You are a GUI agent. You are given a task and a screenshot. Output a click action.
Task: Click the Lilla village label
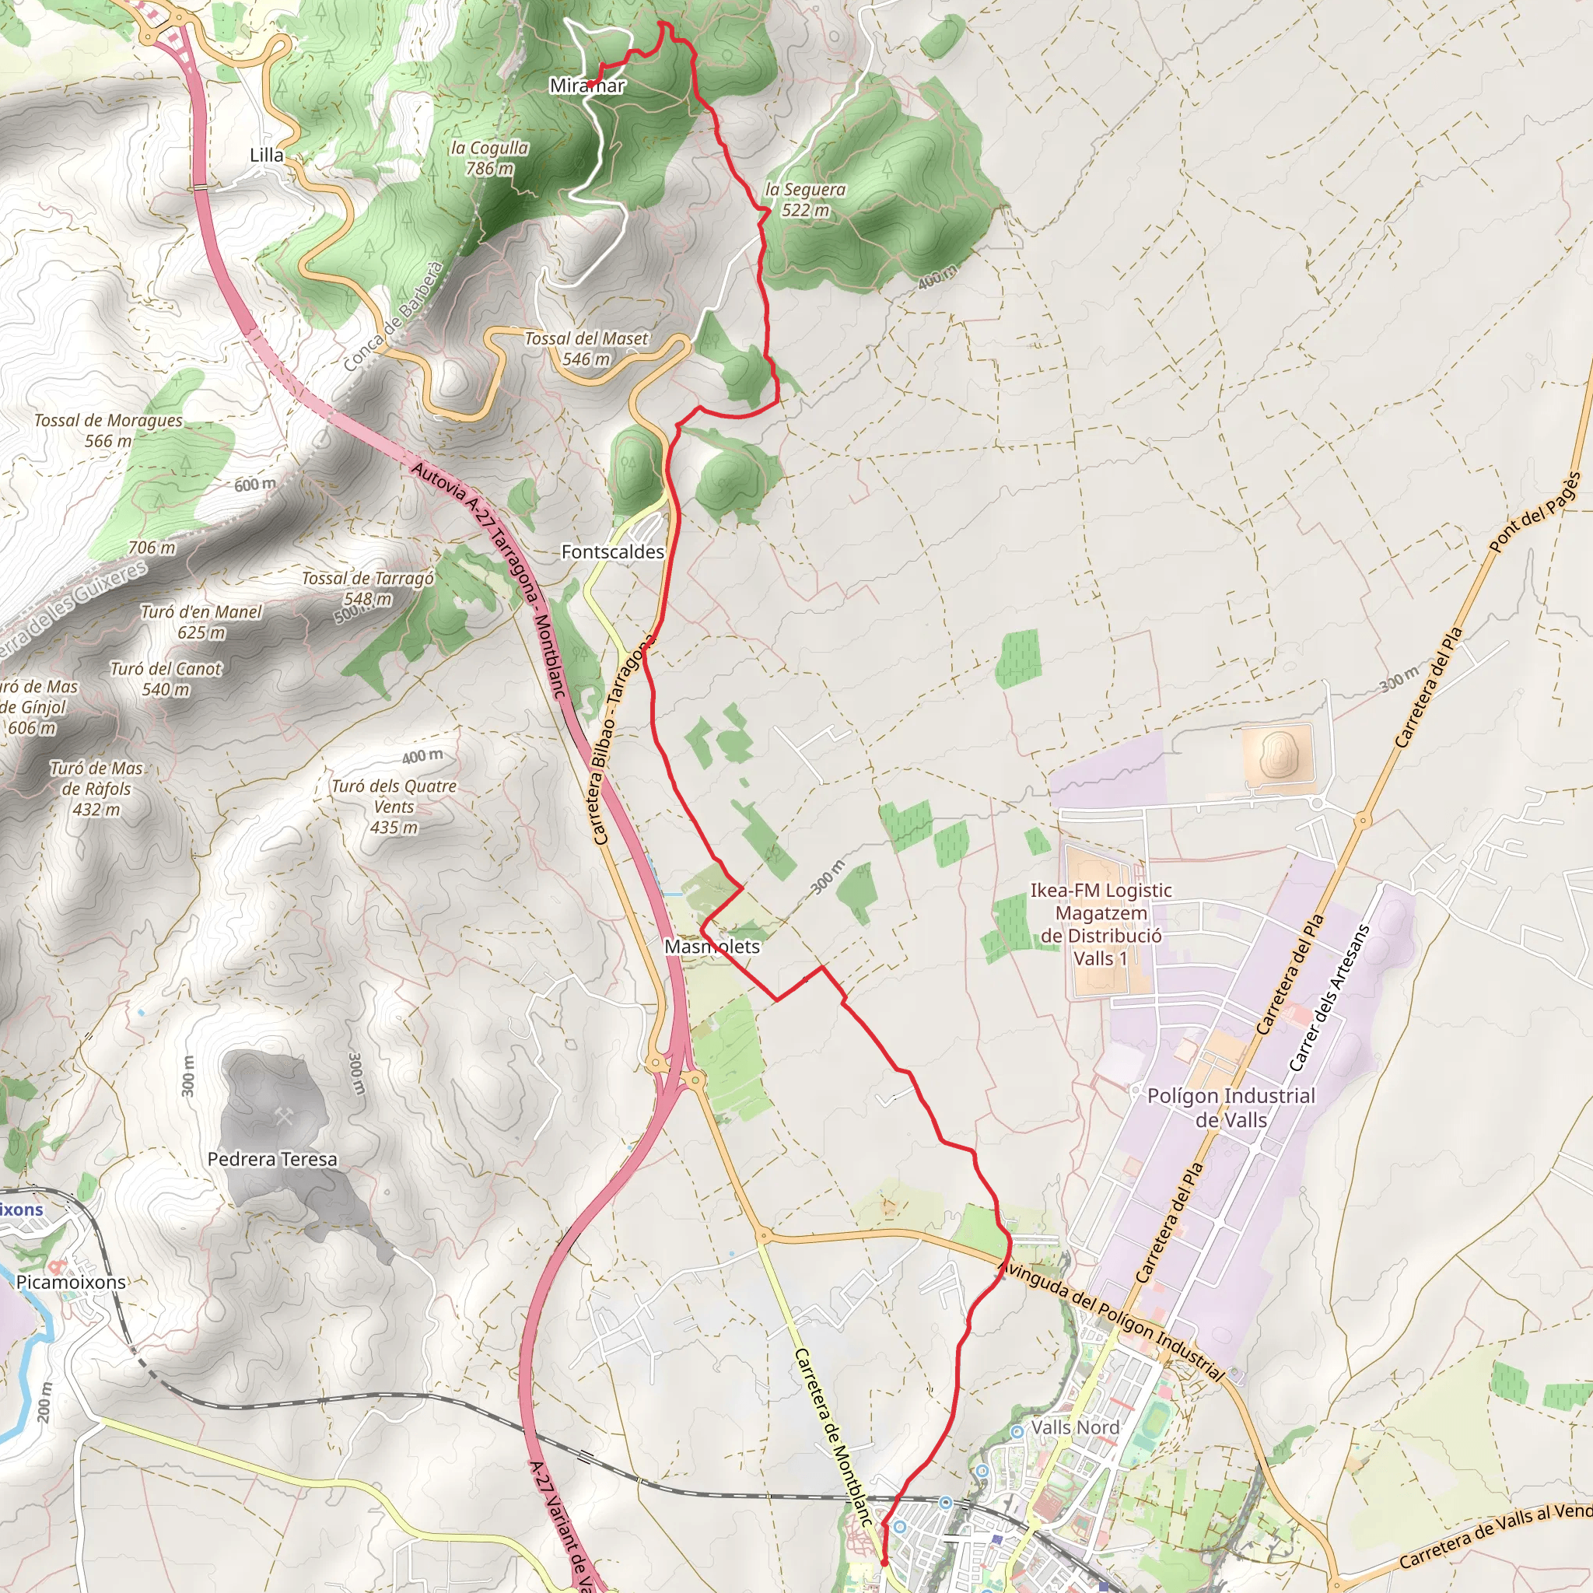tap(266, 155)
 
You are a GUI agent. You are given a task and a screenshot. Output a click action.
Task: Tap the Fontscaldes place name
tap(613, 551)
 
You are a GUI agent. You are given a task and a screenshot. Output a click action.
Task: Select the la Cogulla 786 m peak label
tap(490, 157)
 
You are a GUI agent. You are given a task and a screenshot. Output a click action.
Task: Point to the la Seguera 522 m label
tap(806, 200)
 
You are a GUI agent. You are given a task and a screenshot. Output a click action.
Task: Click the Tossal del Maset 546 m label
tap(586, 348)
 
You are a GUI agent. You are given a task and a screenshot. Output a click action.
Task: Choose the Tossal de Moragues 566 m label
tap(108, 430)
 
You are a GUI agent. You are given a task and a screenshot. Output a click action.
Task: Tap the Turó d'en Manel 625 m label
tap(201, 621)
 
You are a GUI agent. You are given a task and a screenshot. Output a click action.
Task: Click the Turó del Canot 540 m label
tap(166, 678)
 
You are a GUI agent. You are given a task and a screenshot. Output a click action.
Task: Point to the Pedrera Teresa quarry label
tap(272, 1158)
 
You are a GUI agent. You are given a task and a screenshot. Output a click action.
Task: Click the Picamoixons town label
tap(72, 1282)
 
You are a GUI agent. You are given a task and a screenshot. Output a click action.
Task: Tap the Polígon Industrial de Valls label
tap(1231, 1108)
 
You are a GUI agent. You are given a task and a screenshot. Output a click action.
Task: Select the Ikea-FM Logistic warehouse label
tap(1101, 924)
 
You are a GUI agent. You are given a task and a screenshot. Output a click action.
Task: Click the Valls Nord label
tap(1075, 1427)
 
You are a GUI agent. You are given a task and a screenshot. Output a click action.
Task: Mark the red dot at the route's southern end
tap(884, 1562)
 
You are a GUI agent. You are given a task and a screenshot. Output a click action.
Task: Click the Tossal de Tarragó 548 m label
tap(368, 588)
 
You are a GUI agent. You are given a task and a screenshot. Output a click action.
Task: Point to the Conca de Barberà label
tap(394, 317)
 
